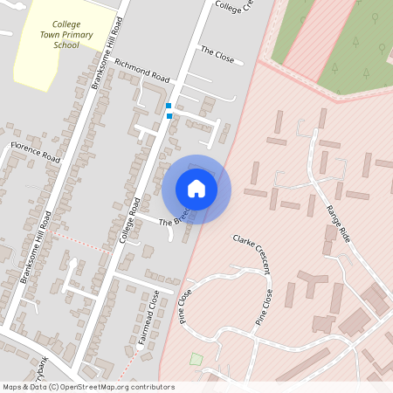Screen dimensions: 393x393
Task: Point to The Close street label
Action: [x=217, y=54]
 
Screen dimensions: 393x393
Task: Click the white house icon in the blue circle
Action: [x=196, y=189]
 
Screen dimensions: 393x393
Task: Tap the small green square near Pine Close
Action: [x=196, y=359]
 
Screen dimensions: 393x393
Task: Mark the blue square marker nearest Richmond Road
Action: [x=169, y=106]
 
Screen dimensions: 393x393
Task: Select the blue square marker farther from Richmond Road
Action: [x=169, y=116]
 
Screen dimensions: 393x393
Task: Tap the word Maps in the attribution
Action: [x=12, y=387]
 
